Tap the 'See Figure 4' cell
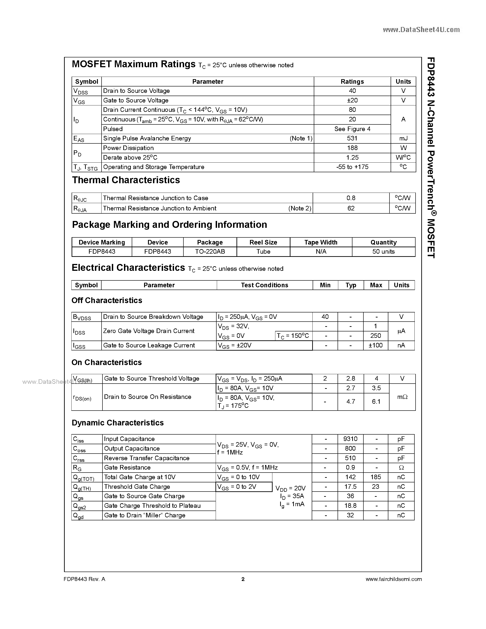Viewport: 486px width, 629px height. click(352, 129)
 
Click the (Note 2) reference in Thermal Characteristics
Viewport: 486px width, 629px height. click(300, 208)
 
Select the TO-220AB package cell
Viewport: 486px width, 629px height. click(210, 251)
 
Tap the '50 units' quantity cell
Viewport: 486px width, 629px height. click(383, 251)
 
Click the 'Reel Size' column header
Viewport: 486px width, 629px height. click(263, 242)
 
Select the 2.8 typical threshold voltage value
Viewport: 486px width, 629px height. click(350, 379)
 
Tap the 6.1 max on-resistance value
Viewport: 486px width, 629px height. click(376, 401)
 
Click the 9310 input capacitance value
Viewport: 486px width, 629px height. click(350, 439)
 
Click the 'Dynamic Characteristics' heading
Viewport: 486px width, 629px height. click(118, 422)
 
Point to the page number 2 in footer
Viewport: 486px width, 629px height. click(243, 579)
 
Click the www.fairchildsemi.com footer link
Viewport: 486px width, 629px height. click(393, 579)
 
